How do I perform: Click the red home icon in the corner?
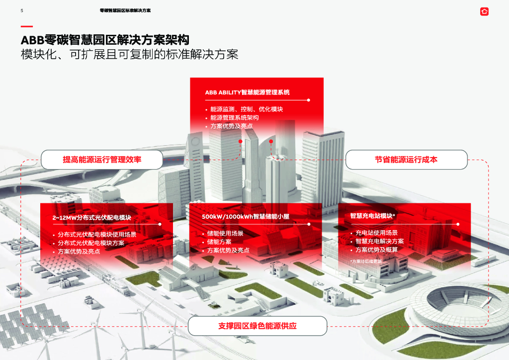point(484,11)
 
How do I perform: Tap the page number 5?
point(22,10)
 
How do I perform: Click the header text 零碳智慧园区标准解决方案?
point(125,10)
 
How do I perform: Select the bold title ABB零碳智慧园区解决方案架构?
point(105,40)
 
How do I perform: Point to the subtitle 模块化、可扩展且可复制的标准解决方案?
point(129,54)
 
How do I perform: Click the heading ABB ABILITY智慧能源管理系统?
point(247,92)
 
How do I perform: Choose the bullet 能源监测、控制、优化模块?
point(247,109)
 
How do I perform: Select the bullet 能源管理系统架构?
point(234,118)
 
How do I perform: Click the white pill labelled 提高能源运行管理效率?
point(102,160)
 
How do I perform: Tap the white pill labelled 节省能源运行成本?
point(406,160)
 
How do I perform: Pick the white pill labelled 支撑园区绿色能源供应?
point(257,326)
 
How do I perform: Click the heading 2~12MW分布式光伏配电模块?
point(91,218)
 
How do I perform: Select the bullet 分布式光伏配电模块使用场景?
point(97,235)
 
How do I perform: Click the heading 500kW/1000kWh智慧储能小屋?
point(246,217)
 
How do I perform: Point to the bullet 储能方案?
point(219,242)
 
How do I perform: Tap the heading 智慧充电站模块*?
point(373,216)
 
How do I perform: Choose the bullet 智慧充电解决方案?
point(380,241)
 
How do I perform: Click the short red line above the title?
point(27,26)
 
